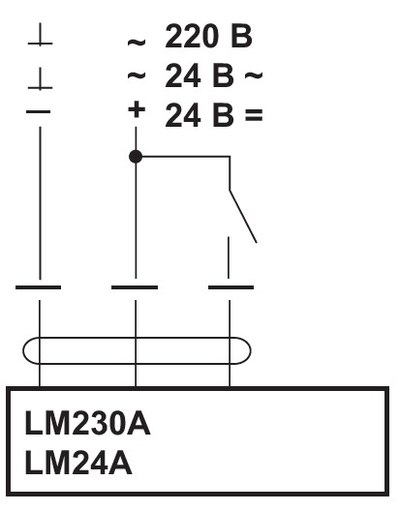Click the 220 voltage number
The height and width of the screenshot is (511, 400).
point(192,36)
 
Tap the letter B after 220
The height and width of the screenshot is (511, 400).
point(241,36)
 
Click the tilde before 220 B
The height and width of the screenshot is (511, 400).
point(137,42)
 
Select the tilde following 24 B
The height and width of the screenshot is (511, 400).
point(254,75)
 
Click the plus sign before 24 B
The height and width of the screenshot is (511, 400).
point(137,109)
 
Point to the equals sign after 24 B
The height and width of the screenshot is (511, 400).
point(254,115)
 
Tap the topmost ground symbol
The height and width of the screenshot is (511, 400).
point(40,34)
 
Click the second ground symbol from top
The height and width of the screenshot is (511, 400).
point(40,79)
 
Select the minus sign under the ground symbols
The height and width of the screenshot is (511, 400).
point(38,111)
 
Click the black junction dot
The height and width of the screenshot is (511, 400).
point(135,156)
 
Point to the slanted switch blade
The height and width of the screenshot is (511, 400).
point(243,216)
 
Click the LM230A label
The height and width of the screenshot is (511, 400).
point(87,423)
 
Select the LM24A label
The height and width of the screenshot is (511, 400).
point(78,462)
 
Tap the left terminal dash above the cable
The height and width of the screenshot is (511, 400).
point(38,287)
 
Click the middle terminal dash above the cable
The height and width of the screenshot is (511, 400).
point(134,287)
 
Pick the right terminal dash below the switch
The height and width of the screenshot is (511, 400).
point(231,287)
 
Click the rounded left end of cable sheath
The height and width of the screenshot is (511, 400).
point(24,351)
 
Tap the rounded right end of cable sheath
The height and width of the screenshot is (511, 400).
point(249,351)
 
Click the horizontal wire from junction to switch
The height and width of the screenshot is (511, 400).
point(183,156)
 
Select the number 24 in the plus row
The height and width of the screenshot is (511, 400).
point(183,115)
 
